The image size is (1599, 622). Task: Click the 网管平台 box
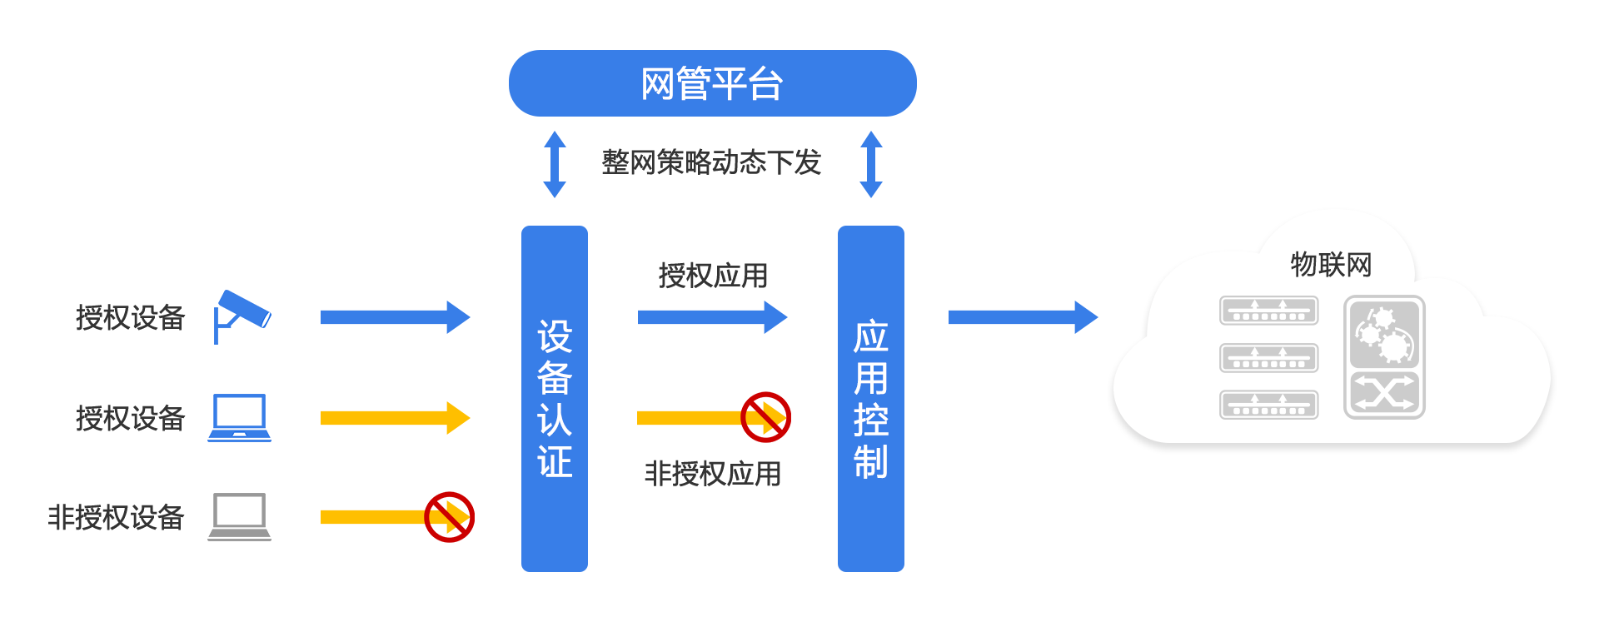click(712, 83)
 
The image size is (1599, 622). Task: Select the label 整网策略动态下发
click(711, 162)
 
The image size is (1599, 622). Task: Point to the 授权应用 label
click(713, 275)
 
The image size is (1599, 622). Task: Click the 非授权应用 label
click(713, 474)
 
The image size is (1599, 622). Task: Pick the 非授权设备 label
click(117, 517)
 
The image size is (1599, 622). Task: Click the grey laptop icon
click(240, 517)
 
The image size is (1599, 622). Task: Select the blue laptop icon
click(240, 417)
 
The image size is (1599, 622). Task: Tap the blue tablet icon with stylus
click(242, 317)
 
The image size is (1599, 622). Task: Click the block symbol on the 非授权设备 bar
click(449, 517)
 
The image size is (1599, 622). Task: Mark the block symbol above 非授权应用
click(765, 417)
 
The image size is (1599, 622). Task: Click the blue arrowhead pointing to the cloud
click(1084, 317)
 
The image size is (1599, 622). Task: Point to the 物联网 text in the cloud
click(1331, 265)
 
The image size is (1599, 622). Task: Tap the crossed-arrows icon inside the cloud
click(1383, 392)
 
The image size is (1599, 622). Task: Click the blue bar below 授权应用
click(712, 317)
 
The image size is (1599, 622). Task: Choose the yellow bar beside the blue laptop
click(395, 417)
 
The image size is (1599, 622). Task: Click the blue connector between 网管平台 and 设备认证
click(554, 164)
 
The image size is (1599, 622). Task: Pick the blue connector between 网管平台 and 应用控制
click(870, 164)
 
